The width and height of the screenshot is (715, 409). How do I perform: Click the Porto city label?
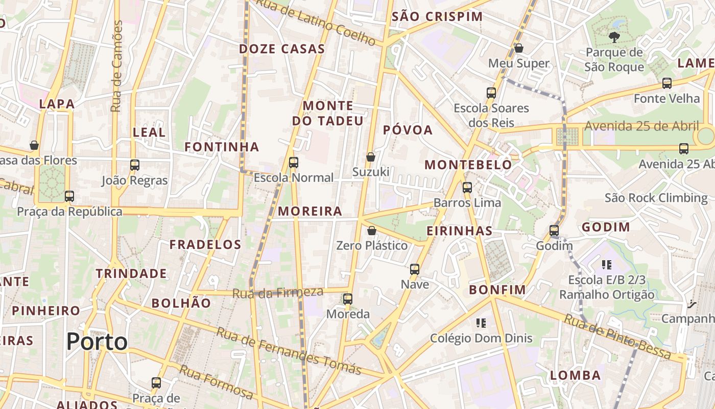coord(97,341)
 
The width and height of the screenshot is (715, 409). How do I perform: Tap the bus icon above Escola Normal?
coord(294,163)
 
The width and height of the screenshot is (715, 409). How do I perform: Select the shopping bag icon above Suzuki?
coord(371,157)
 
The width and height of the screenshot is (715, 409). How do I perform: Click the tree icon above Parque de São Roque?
coord(614,36)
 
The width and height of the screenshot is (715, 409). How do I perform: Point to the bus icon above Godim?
coord(554,231)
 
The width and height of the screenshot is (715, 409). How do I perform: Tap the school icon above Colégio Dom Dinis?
coord(481,323)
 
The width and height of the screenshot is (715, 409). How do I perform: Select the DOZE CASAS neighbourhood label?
coord(282,49)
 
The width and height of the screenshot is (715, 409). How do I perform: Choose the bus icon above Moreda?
coord(348,299)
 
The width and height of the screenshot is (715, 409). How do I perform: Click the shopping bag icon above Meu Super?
coord(519,49)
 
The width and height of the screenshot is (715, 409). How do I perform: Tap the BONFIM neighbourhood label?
coord(497,290)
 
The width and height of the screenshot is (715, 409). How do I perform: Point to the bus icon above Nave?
coord(415,269)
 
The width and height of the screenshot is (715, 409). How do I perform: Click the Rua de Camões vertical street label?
coord(117,66)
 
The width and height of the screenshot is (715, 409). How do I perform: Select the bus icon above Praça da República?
coord(69,196)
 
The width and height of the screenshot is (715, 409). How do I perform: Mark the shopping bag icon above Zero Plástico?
coord(372,231)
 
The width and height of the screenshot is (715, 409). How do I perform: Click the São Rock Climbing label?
coord(656,198)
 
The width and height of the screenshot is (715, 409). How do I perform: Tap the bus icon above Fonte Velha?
coord(666,83)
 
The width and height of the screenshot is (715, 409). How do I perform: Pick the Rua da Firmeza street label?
coord(278,293)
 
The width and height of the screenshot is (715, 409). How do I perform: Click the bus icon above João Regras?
coord(135,165)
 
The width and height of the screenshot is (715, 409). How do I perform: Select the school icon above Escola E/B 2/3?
coord(607,265)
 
